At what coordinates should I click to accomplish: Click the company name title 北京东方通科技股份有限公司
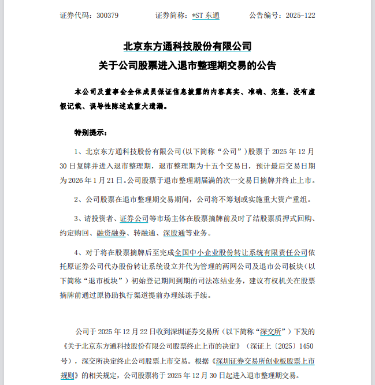[187, 46]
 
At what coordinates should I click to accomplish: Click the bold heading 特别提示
[90, 133]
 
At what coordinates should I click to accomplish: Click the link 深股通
[173, 233]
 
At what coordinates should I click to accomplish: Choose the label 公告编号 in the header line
[264, 15]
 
